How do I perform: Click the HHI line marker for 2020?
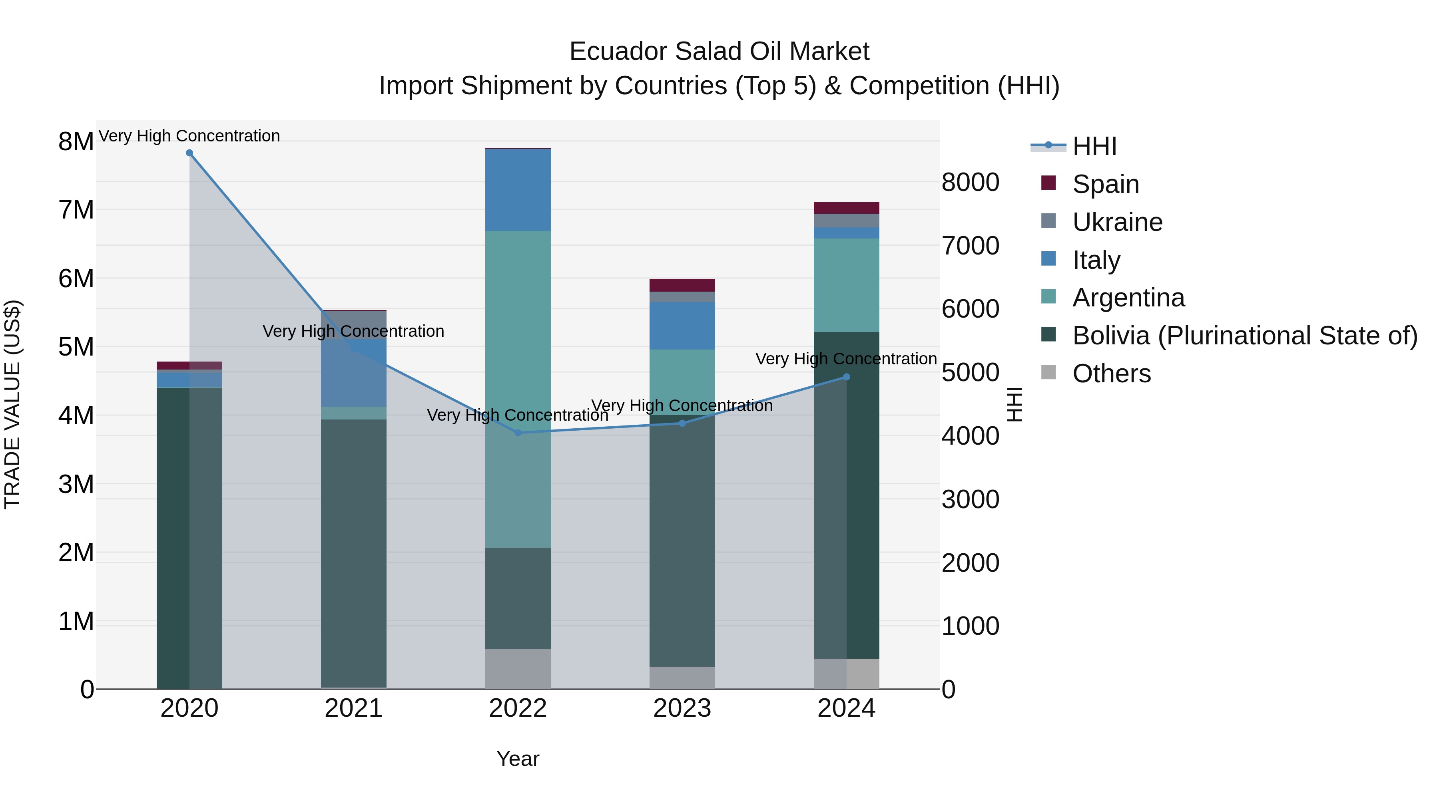click(189, 153)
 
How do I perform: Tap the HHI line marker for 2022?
click(518, 433)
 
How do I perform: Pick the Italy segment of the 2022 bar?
click(518, 190)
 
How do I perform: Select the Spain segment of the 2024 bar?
click(846, 208)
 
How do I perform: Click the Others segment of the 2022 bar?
click(518, 669)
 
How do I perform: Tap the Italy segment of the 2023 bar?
click(682, 326)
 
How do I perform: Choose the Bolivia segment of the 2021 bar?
click(354, 553)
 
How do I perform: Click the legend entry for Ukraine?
click(1117, 222)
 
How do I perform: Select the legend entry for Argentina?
click(1128, 298)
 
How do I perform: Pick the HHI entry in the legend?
click(1094, 146)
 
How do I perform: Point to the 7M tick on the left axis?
click(76, 211)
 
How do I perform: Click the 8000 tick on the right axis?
click(970, 183)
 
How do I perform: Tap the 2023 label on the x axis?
click(682, 708)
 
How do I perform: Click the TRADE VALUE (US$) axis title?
click(12, 404)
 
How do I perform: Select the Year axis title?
click(518, 759)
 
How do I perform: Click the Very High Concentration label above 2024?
click(846, 359)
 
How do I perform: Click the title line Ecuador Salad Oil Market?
click(719, 52)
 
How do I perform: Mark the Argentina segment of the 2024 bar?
click(846, 285)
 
